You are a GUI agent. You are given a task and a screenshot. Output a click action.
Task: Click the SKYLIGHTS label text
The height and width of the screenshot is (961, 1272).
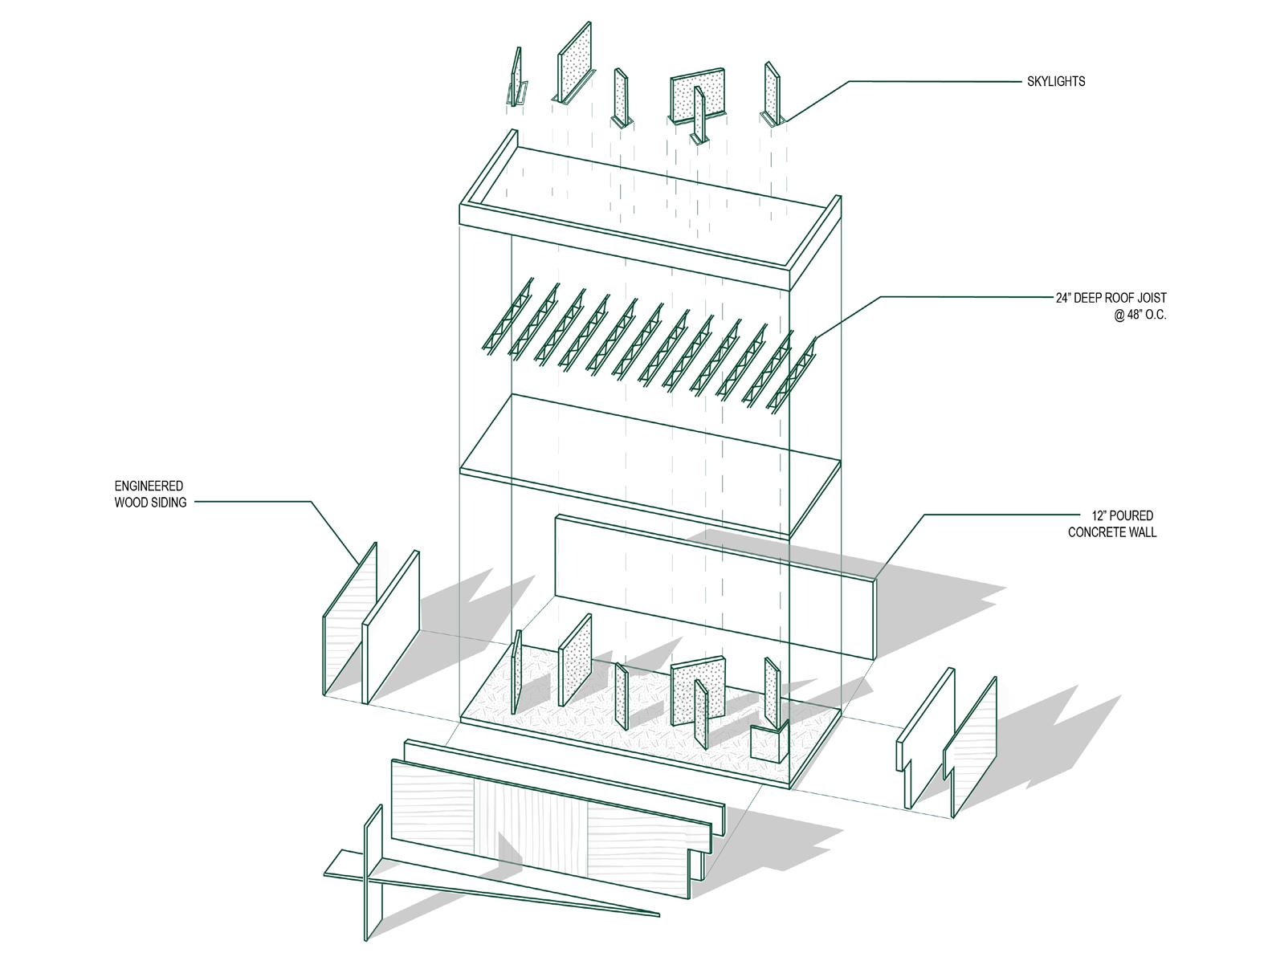tap(1055, 81)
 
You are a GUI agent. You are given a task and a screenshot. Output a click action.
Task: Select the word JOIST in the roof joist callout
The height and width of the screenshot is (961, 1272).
tap(1149, 298)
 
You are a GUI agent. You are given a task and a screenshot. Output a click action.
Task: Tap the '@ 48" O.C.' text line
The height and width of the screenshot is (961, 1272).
tap(1139, 316)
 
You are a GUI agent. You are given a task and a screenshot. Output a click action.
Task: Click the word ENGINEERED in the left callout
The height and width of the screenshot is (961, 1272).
tap(149, 486)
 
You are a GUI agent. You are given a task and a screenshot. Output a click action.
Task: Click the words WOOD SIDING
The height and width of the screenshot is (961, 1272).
tap(150, 503)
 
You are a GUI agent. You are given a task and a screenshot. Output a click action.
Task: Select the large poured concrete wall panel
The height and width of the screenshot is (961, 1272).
tap(715, 586)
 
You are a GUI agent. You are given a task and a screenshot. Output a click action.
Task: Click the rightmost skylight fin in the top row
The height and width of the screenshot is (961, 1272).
tap(773, 92)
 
